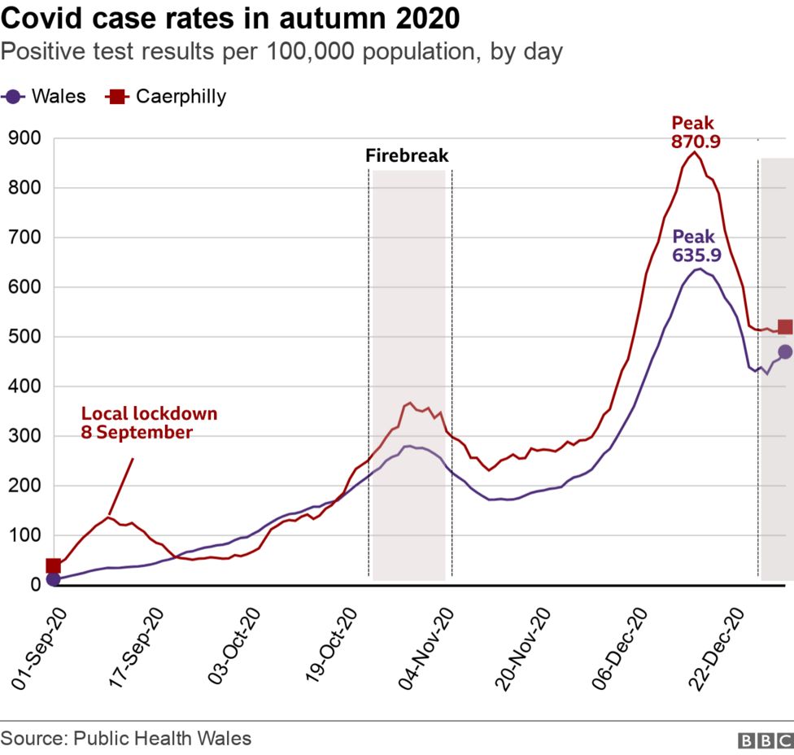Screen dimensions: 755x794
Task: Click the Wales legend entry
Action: (x=45, y=97)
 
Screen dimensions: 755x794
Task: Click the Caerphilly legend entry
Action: (x=167, y=97)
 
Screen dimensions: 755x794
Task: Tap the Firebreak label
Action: (x=407, y=155)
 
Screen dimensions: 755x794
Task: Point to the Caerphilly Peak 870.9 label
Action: (x=693, y=132)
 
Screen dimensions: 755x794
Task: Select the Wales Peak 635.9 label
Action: (x=694, y=246)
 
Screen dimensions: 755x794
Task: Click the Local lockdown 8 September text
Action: (x=149, y=423)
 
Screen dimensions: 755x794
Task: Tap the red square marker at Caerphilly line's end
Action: (x=785, y=327)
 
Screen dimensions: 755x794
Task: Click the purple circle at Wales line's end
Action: (x=785, y=351)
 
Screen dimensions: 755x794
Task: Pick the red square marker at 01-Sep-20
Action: (x=54, y=566)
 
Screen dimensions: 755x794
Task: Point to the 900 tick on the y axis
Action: (x=24, y=139)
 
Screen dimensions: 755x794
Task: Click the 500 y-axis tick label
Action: (x=24, y=337)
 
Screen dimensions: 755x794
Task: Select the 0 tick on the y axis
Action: (x=35, y=585)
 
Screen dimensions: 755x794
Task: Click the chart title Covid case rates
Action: (x=230, y=18)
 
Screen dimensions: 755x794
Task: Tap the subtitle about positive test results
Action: (x=281, y=52)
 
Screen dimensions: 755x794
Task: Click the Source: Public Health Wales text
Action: (x=126, y=739)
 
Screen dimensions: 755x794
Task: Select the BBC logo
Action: (x=765, y=740)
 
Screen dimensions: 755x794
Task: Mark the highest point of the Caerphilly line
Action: (x=694, y=152)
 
